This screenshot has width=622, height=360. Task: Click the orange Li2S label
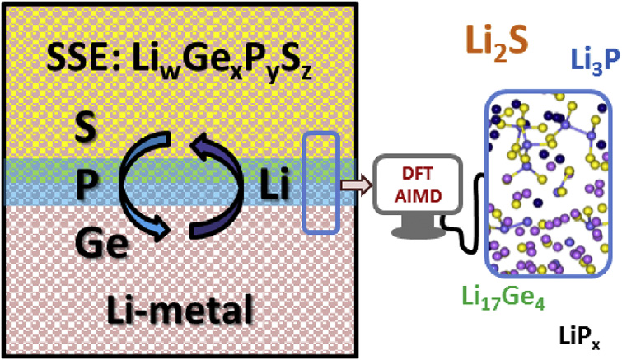(497, 42)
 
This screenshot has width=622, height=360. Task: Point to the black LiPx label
(579, 339)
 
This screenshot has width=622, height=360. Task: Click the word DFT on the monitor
(417, 175)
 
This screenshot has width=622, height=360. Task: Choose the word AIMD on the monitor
(419, 196)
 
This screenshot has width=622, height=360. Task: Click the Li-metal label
(180, 310)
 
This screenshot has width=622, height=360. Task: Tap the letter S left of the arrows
(86, 127)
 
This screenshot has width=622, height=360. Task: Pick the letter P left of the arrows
(87, 184)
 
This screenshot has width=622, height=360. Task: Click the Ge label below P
(102, 242)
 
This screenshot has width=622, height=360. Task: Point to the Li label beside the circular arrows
(274, 185)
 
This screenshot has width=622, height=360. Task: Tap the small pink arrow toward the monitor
(356, 185)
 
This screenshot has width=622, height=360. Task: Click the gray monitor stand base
(419, 231)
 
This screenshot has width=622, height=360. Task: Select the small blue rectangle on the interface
(321, 183)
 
